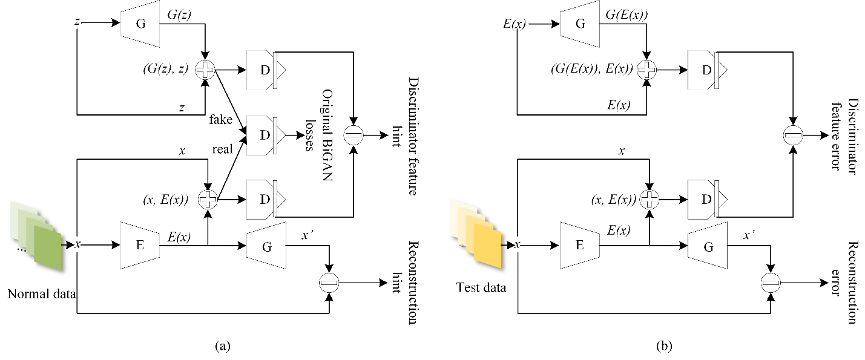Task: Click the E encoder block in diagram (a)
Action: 140,245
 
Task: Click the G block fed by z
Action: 140,24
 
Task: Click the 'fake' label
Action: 221,120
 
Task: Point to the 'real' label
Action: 222,149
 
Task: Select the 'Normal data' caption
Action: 42,295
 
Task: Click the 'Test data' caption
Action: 481,287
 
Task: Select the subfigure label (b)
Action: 663,347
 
